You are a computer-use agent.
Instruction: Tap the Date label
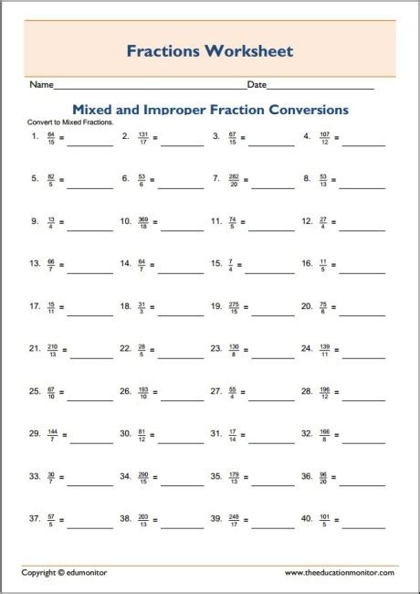pyautogui.click(x=257, y=85)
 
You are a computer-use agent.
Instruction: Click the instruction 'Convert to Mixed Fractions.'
pyautogui.click(x=70, y=122)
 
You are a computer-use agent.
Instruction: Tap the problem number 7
pyautogui.click(x=216, y=178)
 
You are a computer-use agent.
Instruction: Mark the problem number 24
pyautogui.click(x=307, y=348)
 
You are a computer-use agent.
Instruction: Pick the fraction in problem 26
pyautogui.click(x=142, y=391)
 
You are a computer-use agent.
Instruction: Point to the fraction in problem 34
pyautogui.click(x=142, y=476)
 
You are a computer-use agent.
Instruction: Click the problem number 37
pyautogui.click(x=35, y=518)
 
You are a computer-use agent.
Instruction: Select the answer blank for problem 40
pyautogui.click(x=363, y=521)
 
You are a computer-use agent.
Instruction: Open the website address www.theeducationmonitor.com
pyautogui.click(x=339, y=572)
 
